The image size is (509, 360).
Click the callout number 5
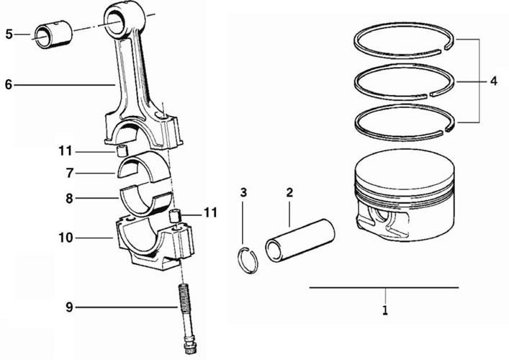(x=9, y=34)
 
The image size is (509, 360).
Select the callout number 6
(x=9, y=85)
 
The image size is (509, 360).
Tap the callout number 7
(x=69, y=174)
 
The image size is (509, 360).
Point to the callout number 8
(x=69, y=198)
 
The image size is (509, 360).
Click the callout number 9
(x=69, y=307)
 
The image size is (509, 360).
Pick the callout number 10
(x=66, y=238)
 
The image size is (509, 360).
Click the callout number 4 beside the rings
(x=493, y=81)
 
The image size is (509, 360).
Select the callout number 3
(x=243, y=192)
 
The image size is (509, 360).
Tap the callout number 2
(x=289, y=192)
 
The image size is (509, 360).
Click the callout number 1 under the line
(x=385, y=310)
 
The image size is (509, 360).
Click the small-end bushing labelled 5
(x=53, y=35)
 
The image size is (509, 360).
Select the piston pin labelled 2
(x=300, y=240)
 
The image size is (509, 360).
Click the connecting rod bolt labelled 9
(x=187, y=319)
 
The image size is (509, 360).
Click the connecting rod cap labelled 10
(x=155, y=243)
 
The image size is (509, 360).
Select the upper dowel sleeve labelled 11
(x=122, y=151)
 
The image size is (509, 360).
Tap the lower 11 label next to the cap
(x=210, y=213)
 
